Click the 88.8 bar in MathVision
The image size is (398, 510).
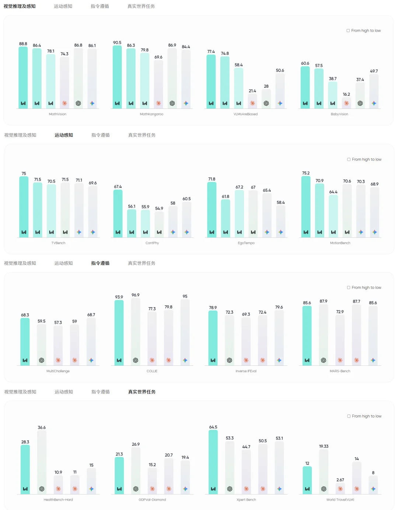point(23,77)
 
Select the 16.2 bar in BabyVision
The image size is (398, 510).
point(346,103)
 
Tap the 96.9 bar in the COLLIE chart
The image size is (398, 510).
point(136,332)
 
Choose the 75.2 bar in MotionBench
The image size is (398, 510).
point(306,207)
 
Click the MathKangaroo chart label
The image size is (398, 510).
point(151,114)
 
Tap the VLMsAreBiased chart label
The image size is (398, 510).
point(245,114)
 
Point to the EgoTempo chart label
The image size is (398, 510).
point(246,243)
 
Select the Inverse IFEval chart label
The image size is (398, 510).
point(246,371)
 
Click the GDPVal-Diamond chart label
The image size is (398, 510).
point(152,500)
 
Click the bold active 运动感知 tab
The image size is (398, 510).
point(64,135)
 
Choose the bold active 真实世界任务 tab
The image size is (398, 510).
point(142,392)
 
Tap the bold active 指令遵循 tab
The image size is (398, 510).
point(100,263)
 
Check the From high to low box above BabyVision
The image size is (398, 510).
point(348,31)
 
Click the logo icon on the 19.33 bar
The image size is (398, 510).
point(324,489)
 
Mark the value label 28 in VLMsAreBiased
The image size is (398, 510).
point(266,86)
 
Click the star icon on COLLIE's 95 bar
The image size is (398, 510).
point(185,360)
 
